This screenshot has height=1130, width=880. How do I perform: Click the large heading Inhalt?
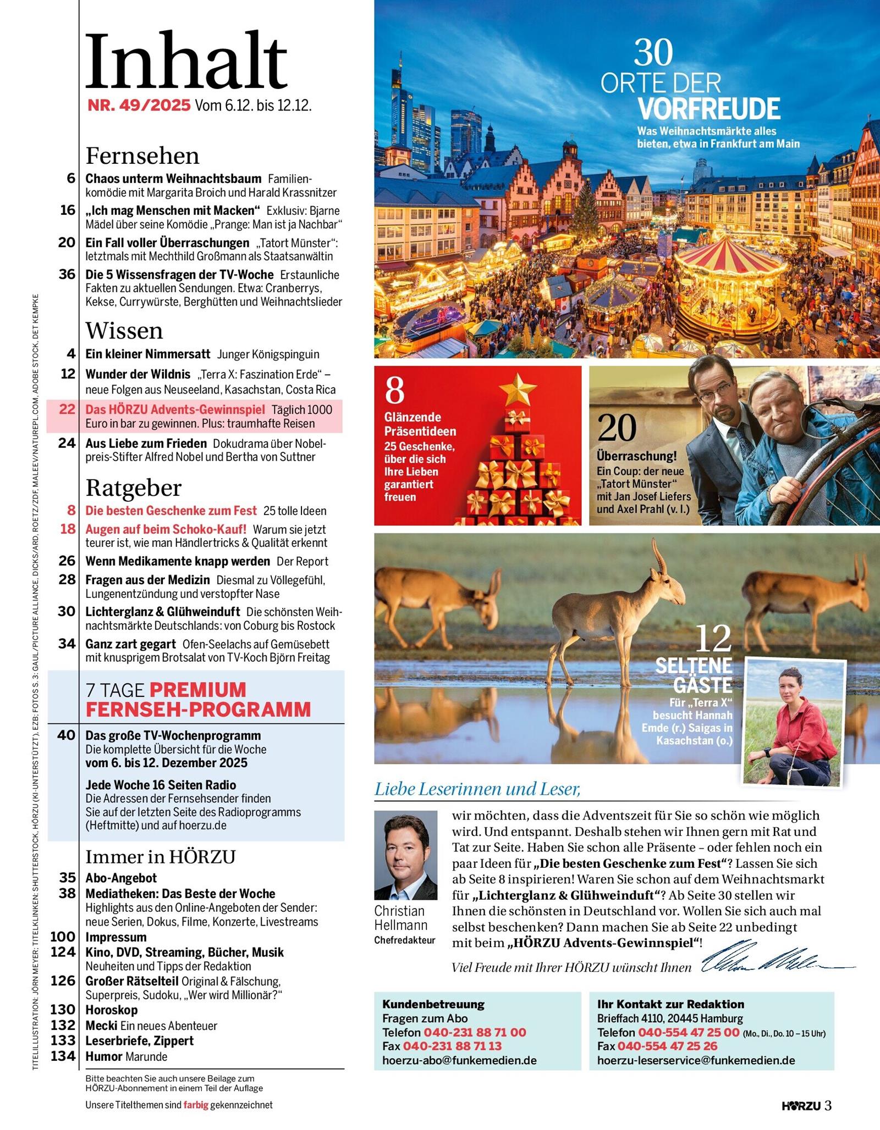pos(186,62)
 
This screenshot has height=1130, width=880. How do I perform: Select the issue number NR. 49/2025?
pos(139,106)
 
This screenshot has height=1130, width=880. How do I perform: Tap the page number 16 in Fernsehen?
pos(68,211)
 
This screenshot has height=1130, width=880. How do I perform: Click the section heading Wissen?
pos(124,331)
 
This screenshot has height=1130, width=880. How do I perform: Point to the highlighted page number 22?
pos(67,409)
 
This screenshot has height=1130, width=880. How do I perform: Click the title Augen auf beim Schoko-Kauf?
pos(166,529)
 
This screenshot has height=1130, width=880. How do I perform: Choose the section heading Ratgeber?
pos(133,488)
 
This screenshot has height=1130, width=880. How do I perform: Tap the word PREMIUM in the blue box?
pos(198,690)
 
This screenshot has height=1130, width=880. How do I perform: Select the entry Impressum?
pos(116,937)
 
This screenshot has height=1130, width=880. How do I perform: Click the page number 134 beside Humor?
pos(63,1056)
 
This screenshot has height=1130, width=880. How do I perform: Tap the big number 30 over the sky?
pos(653,53)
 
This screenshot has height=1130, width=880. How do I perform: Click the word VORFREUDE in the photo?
pos(709,109)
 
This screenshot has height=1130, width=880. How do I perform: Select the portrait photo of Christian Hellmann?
pos(405,855)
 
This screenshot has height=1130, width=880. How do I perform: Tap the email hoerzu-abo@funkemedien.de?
pos(459,1060)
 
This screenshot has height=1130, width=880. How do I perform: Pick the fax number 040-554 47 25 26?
pos(667,1046)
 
